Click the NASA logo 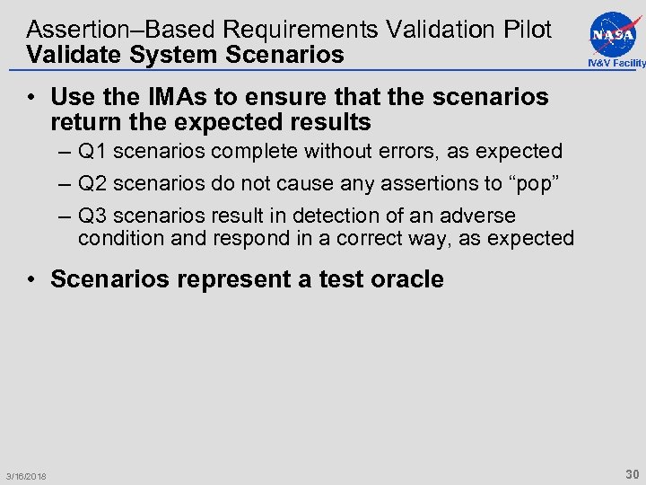[x=615, y=33]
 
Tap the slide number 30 [x=632, y=473]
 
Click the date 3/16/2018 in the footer [x=25, y=476]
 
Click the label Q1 [x=93, y=152]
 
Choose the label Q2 [x=93, y=184]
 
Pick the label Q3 [x=93, y=216]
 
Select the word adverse [x=481, y=216]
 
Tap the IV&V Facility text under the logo [x=615, y=63]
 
